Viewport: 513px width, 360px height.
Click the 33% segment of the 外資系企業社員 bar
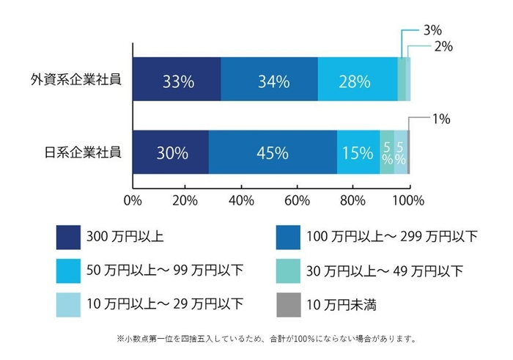pyautogui.click(x=177, y=81)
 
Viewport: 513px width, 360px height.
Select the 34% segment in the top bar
pyautogui.click(x=269, y=81)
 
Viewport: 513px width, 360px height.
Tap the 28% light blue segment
pyautogui.click(x=358, y=81)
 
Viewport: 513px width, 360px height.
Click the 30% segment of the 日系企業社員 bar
pyautogui.click(x=171, y=153)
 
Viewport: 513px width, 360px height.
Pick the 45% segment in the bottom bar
pyautogui.click(x=272, y=153)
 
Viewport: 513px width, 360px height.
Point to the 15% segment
pyautogui.click(x=358, y=153)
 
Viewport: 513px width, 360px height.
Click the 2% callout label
pyautogui.click(x=443, y=46)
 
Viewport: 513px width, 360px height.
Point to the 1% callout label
pyautogui.click(x=441, y=118)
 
